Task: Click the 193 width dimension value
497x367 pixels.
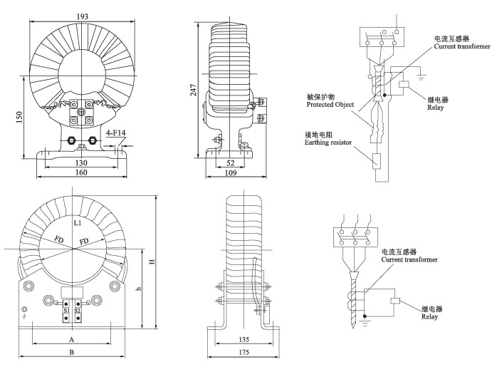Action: point(83,16)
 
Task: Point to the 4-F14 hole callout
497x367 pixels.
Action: point(115,133)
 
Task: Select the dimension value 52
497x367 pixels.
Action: point(230,163)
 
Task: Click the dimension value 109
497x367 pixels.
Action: point(230,173)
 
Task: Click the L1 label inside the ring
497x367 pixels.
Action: point(78,224)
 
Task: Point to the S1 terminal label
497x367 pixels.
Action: point(66,311)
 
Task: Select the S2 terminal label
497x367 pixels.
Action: point(78,311)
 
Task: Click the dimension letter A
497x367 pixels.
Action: point(71,341)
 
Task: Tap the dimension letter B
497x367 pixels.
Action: point(71,352)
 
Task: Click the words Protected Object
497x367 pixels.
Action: point(330,104)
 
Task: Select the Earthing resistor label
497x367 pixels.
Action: point(330,143)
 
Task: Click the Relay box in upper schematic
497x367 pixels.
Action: point(404,86)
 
